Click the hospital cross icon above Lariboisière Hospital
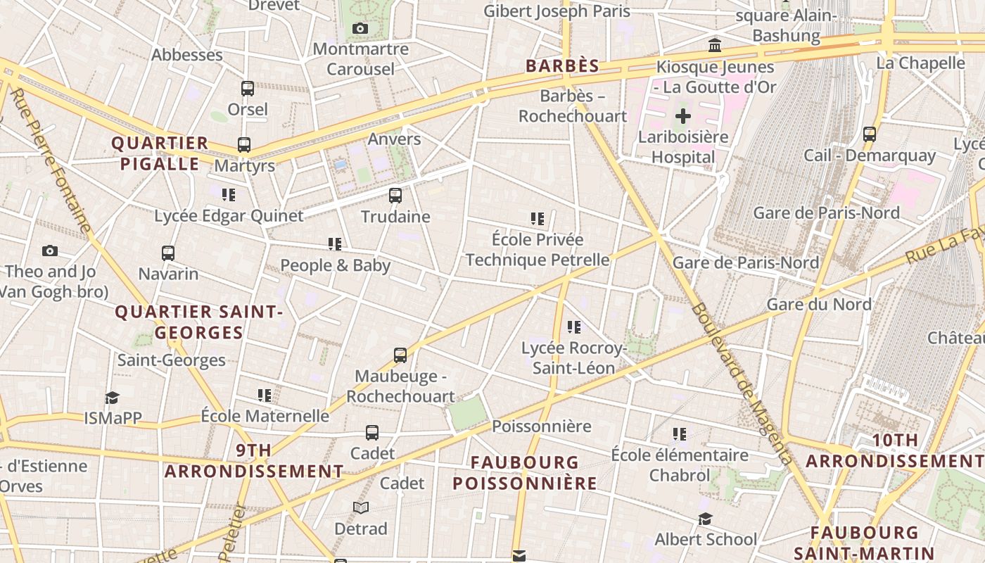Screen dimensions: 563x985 pos(682,116)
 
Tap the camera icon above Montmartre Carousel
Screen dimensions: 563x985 pos(360,29)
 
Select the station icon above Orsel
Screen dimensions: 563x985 pos(248,89)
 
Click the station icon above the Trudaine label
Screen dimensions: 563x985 pos(395,196)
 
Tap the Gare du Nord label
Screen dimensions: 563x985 pos(818,305)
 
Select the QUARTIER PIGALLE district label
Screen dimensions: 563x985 pos(160,153)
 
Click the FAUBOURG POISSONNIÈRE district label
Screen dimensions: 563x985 pos(525,473)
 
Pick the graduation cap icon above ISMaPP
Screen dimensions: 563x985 pos(113,398)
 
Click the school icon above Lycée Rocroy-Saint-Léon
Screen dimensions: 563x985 pos(574,327)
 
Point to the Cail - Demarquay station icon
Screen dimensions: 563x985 pos(870,134)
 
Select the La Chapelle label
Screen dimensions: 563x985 pos(920,63)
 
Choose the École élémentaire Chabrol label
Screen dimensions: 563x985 pos(680,465)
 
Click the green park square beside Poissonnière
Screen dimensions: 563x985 pos(468,412)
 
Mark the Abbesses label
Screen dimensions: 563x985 pos(187,55)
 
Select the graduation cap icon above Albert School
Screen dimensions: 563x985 pos(705,519)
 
